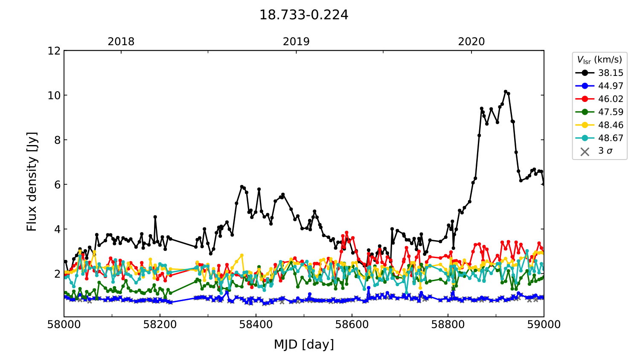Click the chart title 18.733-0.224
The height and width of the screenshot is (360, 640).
(x=304, y=15)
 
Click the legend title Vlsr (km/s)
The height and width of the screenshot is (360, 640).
(x=599, y=60)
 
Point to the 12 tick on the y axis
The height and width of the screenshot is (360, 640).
(x=54, y=51)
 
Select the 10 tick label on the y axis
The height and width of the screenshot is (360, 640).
(x=54, y=95)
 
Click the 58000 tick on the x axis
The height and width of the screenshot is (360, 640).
(x=64, y=325)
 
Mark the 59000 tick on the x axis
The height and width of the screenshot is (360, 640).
(x=544, y=325)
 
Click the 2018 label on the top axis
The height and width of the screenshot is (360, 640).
(x=121, y=42)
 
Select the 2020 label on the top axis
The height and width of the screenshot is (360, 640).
(x=471, y=42)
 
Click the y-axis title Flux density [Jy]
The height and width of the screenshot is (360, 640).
(x=32, y=181)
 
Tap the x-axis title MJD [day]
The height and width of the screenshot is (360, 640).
(x=304, y=344)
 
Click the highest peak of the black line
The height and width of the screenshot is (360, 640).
(x=506, y=92)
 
